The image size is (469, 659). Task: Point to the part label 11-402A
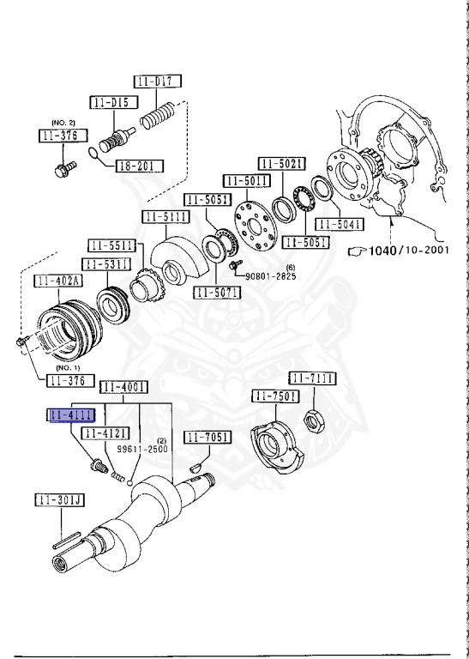point(58,281)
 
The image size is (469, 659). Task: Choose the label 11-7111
point(312,378)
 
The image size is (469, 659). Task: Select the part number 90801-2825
point(271,276)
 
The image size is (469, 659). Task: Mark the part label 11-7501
point(275,396)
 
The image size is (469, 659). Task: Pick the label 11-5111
point(167,217)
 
